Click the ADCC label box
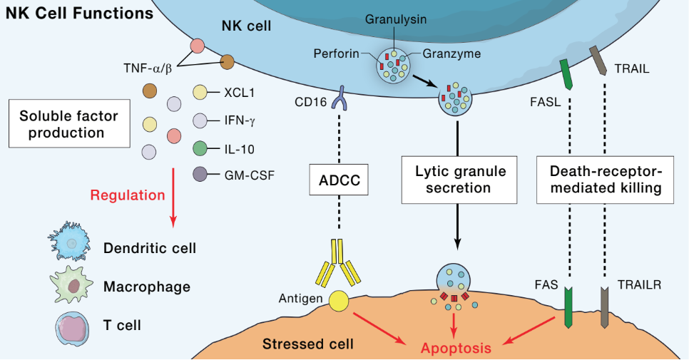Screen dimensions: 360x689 (x=339, y=179)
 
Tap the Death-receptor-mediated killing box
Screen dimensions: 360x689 (x=605, y=179)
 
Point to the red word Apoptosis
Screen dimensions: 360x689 (x=456, y=349)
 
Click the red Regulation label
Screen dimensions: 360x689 (x=128, y=195)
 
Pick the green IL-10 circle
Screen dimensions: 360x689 (x=200, y=149)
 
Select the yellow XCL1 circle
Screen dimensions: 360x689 (x=200, y=92)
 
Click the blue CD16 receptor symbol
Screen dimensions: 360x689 (x=341, y=98)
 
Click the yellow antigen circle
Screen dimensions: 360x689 (x=338, y=302)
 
